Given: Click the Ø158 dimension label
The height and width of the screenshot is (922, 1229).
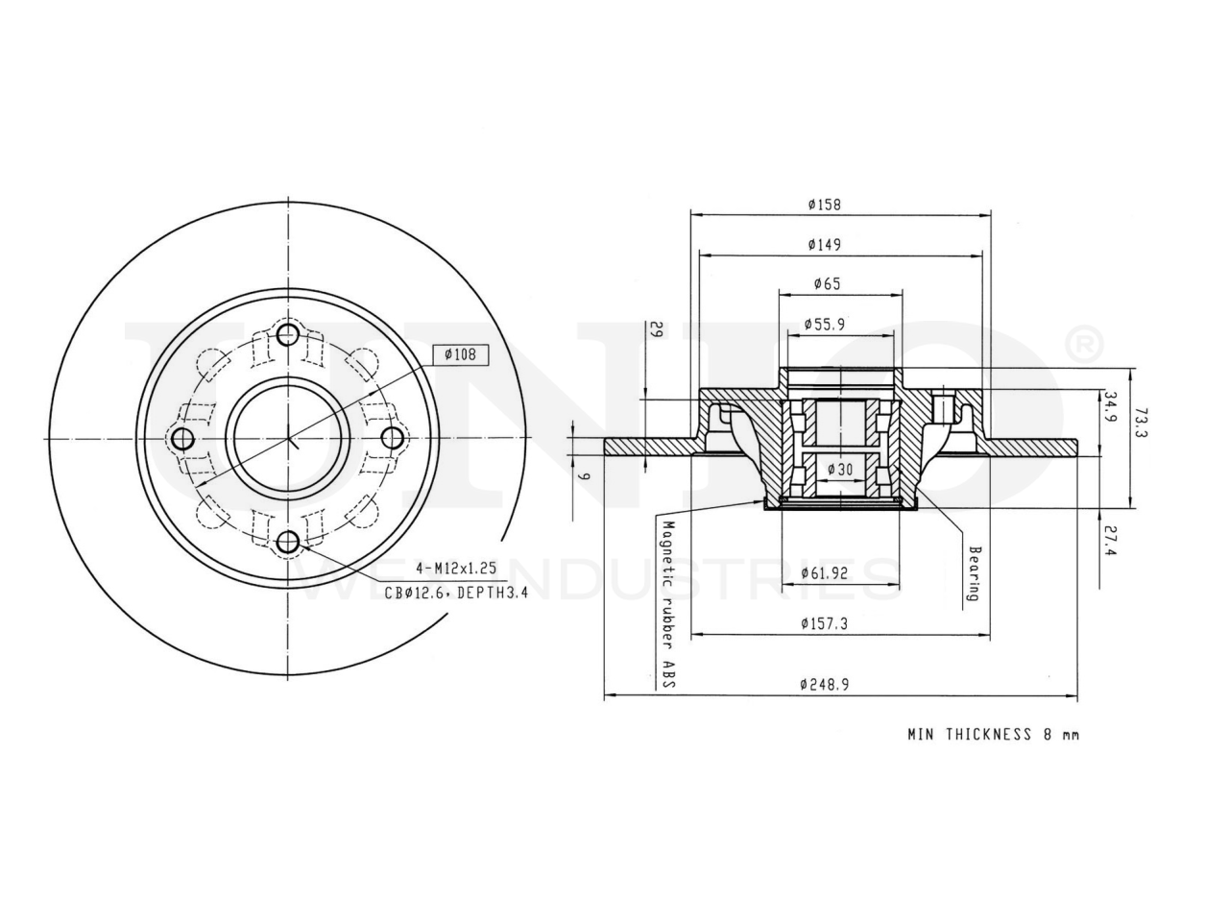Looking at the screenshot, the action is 824,205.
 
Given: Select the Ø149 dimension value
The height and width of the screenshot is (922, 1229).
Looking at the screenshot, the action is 824,245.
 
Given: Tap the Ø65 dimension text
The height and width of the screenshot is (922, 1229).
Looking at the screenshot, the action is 827,284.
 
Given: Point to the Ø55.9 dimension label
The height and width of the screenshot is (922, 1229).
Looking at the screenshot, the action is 824,324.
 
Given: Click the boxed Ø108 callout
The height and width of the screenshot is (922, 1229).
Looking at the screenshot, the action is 460,354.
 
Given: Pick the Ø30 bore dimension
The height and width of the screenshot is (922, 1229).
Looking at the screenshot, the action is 840,469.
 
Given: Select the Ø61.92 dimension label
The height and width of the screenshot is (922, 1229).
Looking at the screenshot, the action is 824,573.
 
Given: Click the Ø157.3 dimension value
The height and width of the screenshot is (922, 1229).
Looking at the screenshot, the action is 824,623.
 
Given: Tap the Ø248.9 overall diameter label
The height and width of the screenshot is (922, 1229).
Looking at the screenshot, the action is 824,684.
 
